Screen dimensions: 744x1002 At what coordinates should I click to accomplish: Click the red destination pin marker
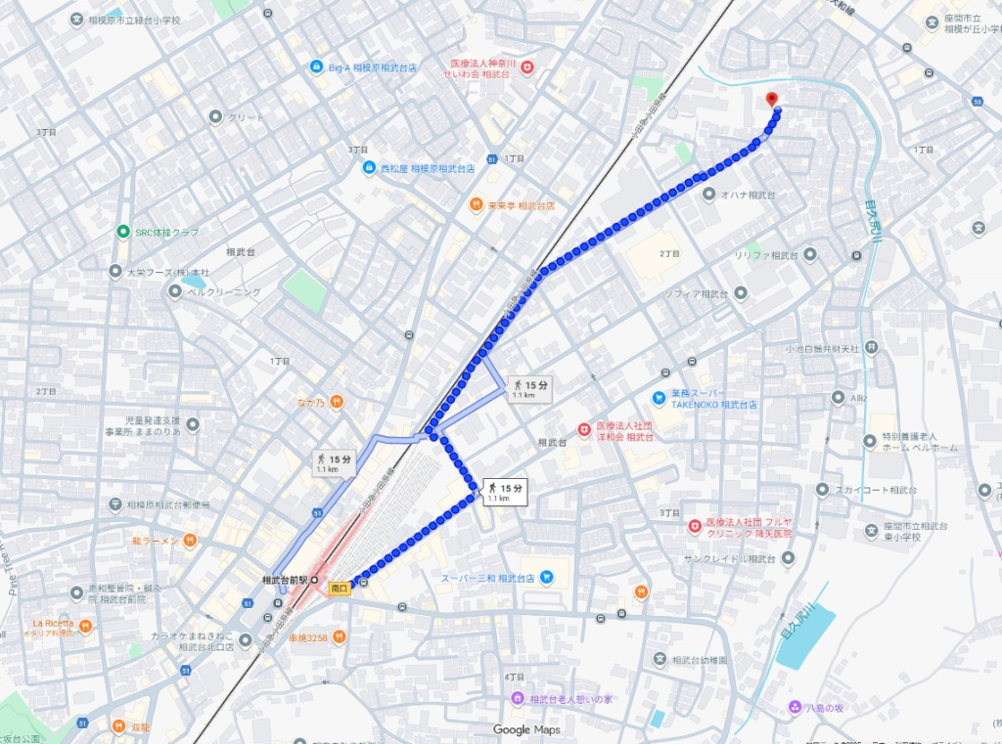pos(771,99)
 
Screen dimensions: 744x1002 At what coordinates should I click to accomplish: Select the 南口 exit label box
pos(340,589)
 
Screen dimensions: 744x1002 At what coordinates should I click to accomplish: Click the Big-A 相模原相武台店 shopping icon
pos(316,67)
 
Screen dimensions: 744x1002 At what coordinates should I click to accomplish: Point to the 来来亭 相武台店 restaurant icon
pos(475,205)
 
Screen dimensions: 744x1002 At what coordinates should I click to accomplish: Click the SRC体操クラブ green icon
pos(123,232)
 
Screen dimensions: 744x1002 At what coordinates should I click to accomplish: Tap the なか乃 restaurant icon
pos(336,401)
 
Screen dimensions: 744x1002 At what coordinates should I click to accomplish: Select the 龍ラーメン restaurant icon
pos(191,541)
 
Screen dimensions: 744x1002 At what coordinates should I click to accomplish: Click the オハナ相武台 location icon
pos(709,195)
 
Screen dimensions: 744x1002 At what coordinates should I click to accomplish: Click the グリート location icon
pos(216,117)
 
